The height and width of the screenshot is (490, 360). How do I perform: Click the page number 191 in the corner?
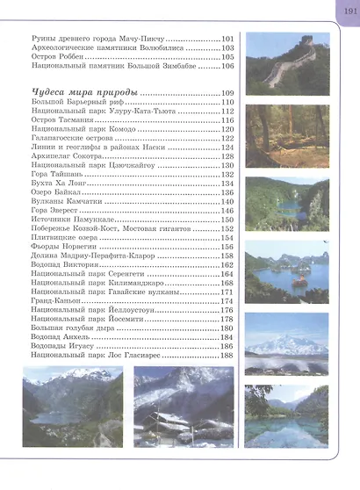click(x=343, y=11)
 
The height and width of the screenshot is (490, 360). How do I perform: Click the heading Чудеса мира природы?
click(x=83, y=93)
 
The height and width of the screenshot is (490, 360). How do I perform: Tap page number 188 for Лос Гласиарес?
click(x=227, y=356)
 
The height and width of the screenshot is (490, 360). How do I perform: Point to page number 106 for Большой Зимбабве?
click(x=227, y=66)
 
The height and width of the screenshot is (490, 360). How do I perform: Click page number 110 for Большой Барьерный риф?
click(x=227, y=103)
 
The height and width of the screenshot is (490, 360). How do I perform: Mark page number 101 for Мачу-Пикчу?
click(x=227, y=40)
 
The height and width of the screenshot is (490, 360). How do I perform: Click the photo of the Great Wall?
click(x=288, y=59)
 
